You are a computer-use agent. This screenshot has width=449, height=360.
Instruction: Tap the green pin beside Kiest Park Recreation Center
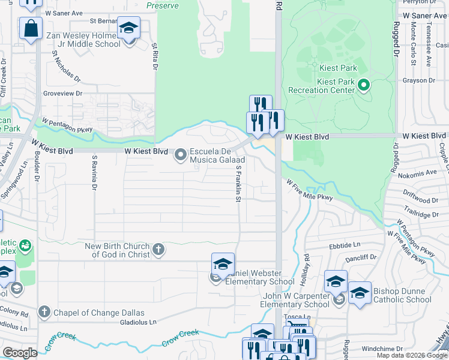(363, 85)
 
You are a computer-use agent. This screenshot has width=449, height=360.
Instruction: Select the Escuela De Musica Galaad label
(217, 155)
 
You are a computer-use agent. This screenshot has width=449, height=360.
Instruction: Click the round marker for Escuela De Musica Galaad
(180, 155)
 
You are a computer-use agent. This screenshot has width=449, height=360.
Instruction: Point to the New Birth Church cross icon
(158, 250)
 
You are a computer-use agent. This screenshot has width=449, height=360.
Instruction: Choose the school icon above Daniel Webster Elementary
(223, 263)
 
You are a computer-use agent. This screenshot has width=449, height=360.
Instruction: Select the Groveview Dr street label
(62, 94)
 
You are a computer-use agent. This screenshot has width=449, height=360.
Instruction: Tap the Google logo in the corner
(20, 353)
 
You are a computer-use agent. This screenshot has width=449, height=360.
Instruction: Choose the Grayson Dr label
(419, 80)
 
